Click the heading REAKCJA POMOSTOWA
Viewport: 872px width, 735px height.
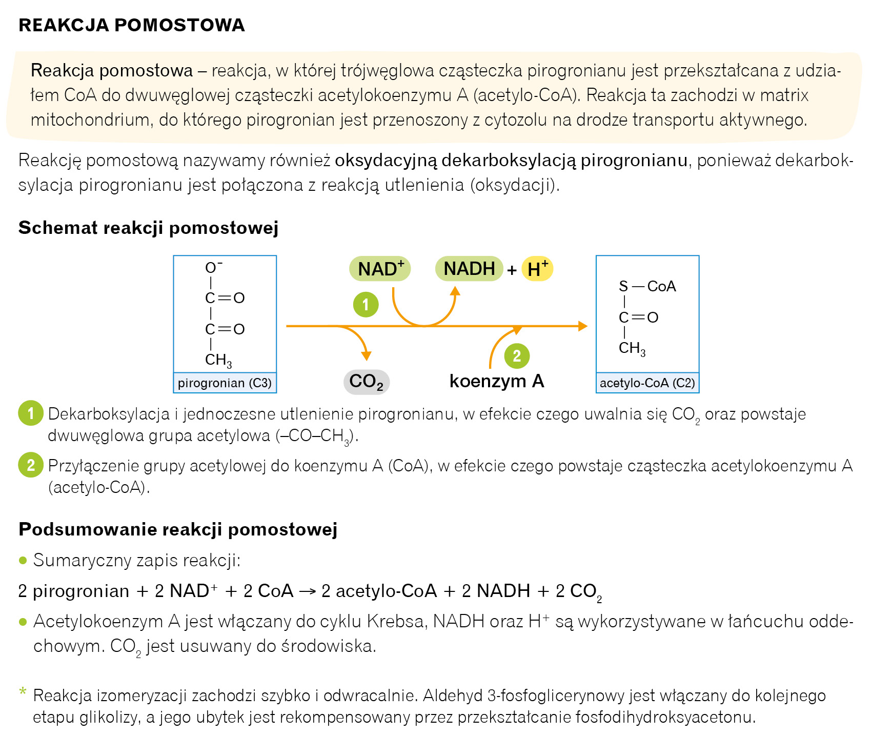tap(132, 25)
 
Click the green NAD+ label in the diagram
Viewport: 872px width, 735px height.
tap(380, 269)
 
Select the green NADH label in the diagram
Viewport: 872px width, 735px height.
tap(469, 269)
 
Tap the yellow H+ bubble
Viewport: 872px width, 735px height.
tap(537, 269)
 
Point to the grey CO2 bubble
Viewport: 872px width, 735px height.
tap(366, 382)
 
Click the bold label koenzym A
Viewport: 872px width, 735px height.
tap(496, 381)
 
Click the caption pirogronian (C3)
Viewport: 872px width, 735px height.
tap(225, 383)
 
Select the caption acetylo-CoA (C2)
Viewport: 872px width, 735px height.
tap(647, 383)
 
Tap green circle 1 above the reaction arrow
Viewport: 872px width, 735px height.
tap(366, 305)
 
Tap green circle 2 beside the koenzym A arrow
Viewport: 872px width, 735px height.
tap(517, 355)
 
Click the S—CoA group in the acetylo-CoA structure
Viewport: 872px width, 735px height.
tap(647, 286)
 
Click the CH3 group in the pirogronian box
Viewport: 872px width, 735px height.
tap(218, 360)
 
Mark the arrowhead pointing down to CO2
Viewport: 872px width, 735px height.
tap(366, 356)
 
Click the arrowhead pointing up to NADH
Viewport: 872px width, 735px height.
tap(455, 291)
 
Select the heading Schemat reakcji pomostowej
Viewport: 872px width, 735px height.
tap(148, 228)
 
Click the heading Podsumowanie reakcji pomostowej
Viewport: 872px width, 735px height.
tap(178, 529)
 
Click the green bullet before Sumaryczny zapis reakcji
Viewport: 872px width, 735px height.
tap(23, 560)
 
